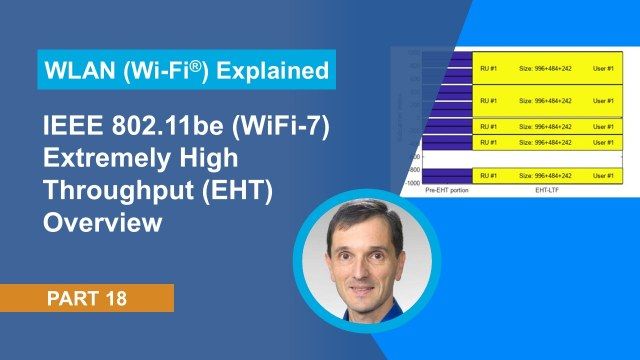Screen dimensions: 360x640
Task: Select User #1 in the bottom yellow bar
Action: click(x=603, y=175)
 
